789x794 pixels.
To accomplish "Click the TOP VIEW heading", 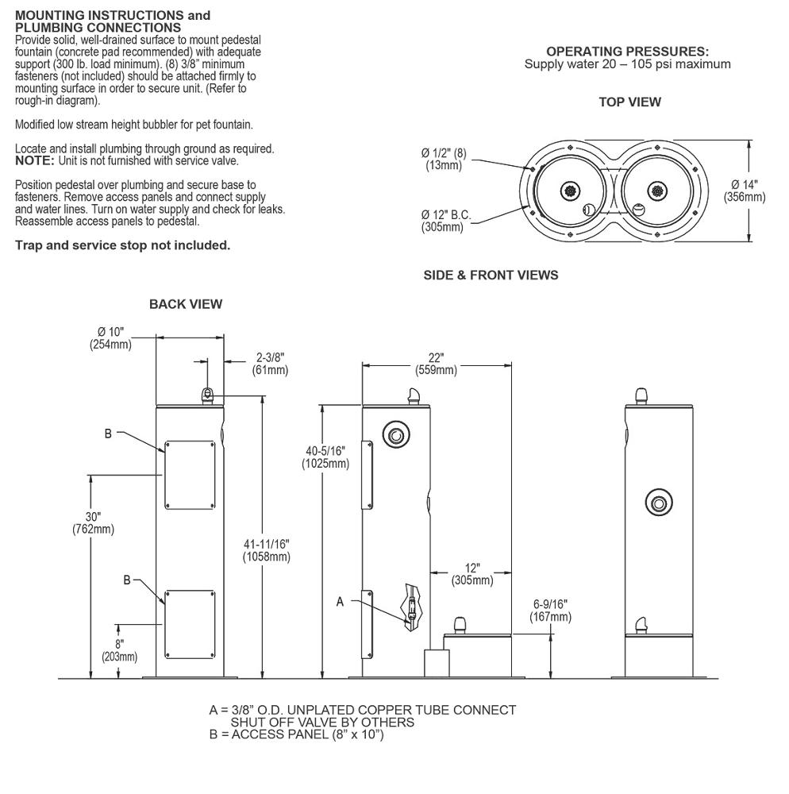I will click(x=629, y=102).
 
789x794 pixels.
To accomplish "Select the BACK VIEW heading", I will click(x=186, y=304).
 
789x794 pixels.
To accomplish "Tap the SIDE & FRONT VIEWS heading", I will click(x=491, y=276).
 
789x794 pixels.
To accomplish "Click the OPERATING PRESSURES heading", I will click(x=627, y=51).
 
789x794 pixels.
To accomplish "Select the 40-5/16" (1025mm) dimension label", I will click(x=325, y=457).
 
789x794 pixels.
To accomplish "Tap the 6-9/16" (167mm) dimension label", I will click(x=550, y=611).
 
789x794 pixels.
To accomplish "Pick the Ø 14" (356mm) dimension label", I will click(x=745, y=190).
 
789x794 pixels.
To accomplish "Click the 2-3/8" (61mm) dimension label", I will click(x=269, y=364).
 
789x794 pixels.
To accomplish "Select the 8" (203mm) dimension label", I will click(x=119, y=650).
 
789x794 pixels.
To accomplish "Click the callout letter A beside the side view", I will click(x=341, y=602).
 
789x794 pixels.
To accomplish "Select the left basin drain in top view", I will click(x=568, y=191).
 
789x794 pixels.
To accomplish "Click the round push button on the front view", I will click(x=657, y=503).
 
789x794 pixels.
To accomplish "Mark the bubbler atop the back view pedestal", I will click(x=207, y=395).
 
